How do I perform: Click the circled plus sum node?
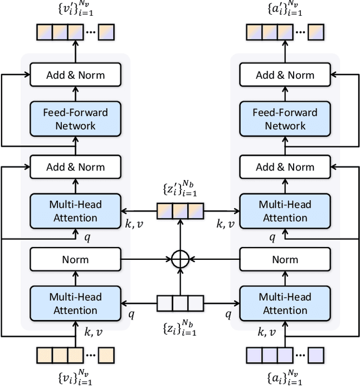click(181, 259)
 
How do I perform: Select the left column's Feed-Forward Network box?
click(75, 119)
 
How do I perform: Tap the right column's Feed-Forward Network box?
click(285, 119)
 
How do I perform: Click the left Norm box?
click(75, 259)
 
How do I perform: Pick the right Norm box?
click(285, 259)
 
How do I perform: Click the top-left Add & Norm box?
click(75, 75)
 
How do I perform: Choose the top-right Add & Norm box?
click(285, 75)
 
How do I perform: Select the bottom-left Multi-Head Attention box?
click(75, 303)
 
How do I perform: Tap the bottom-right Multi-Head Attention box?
click(285, 303)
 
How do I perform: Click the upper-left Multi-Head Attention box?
click(75, 211)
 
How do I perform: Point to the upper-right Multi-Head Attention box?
click(285, 211)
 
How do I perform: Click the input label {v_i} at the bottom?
click(75, 377)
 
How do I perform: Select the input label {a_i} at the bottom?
click(285, 377)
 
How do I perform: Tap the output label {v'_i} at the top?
click(76, 8)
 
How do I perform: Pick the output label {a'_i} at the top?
click(285, 8)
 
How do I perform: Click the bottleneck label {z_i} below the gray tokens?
click(180, 328)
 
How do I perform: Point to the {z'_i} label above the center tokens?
click(180, 188)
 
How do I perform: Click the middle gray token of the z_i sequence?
click(181, 303)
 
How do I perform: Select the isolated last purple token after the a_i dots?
click(316, 355)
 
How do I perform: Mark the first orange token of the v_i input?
click(44, 355)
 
